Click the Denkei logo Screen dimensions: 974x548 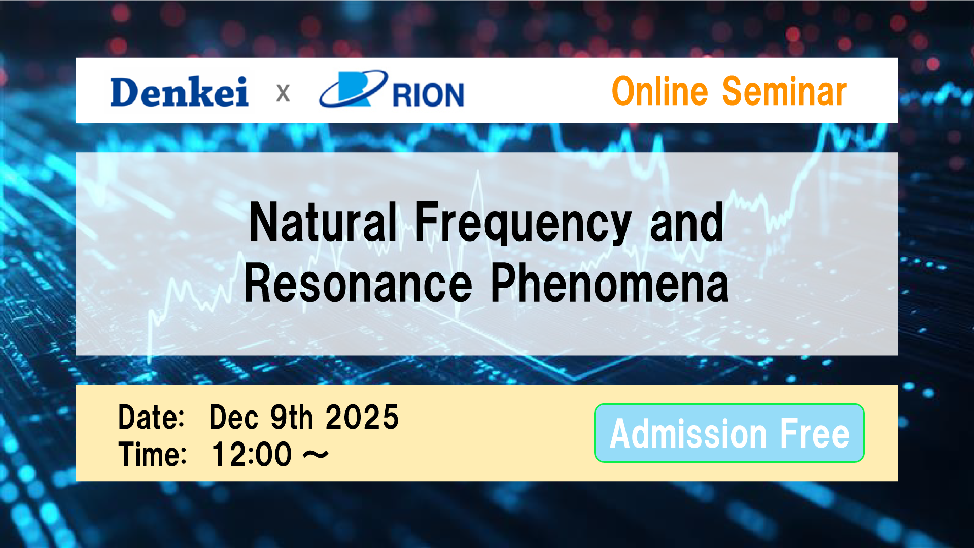[179, 91]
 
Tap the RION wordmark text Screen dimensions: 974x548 [429, 94]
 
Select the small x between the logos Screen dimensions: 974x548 [283, 93]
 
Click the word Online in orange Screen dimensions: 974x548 [660, 91]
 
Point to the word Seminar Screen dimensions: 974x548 [784, 91]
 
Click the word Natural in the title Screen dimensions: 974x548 [323, 222]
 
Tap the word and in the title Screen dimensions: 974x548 [687, 222]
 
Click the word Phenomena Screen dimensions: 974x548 [610, 285]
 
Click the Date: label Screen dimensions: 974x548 [151, 417]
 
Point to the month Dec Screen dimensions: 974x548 [234, 417]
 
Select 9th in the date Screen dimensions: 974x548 [291, 417]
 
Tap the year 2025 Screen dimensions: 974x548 [362, 417]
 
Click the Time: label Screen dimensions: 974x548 [153, 454]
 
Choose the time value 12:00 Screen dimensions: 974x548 [252, 454]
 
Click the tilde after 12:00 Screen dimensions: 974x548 [316, 455]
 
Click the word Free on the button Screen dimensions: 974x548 [815, 434]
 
